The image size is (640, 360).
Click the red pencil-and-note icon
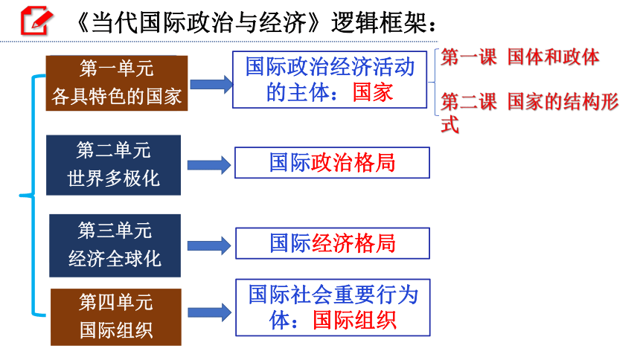36,20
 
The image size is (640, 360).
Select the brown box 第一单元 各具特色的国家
117,83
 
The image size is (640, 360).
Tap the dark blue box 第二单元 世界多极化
113,165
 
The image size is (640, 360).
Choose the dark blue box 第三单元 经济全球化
115,245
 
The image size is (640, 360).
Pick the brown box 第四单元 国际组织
116,317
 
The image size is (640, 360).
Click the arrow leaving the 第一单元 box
211,84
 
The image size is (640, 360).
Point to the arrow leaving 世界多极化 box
209,165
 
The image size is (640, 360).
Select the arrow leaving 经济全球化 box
209,245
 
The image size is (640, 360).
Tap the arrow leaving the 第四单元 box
209,312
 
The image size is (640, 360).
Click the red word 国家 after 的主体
373,92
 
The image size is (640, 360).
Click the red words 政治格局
353,162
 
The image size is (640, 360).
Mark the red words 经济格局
353,243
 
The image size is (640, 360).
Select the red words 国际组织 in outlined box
355,320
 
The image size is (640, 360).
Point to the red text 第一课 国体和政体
520,57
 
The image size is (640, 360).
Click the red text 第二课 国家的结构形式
530,112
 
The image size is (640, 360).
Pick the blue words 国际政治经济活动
330,66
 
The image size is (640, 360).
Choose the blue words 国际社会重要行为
333,295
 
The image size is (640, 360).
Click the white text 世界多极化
113,179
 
